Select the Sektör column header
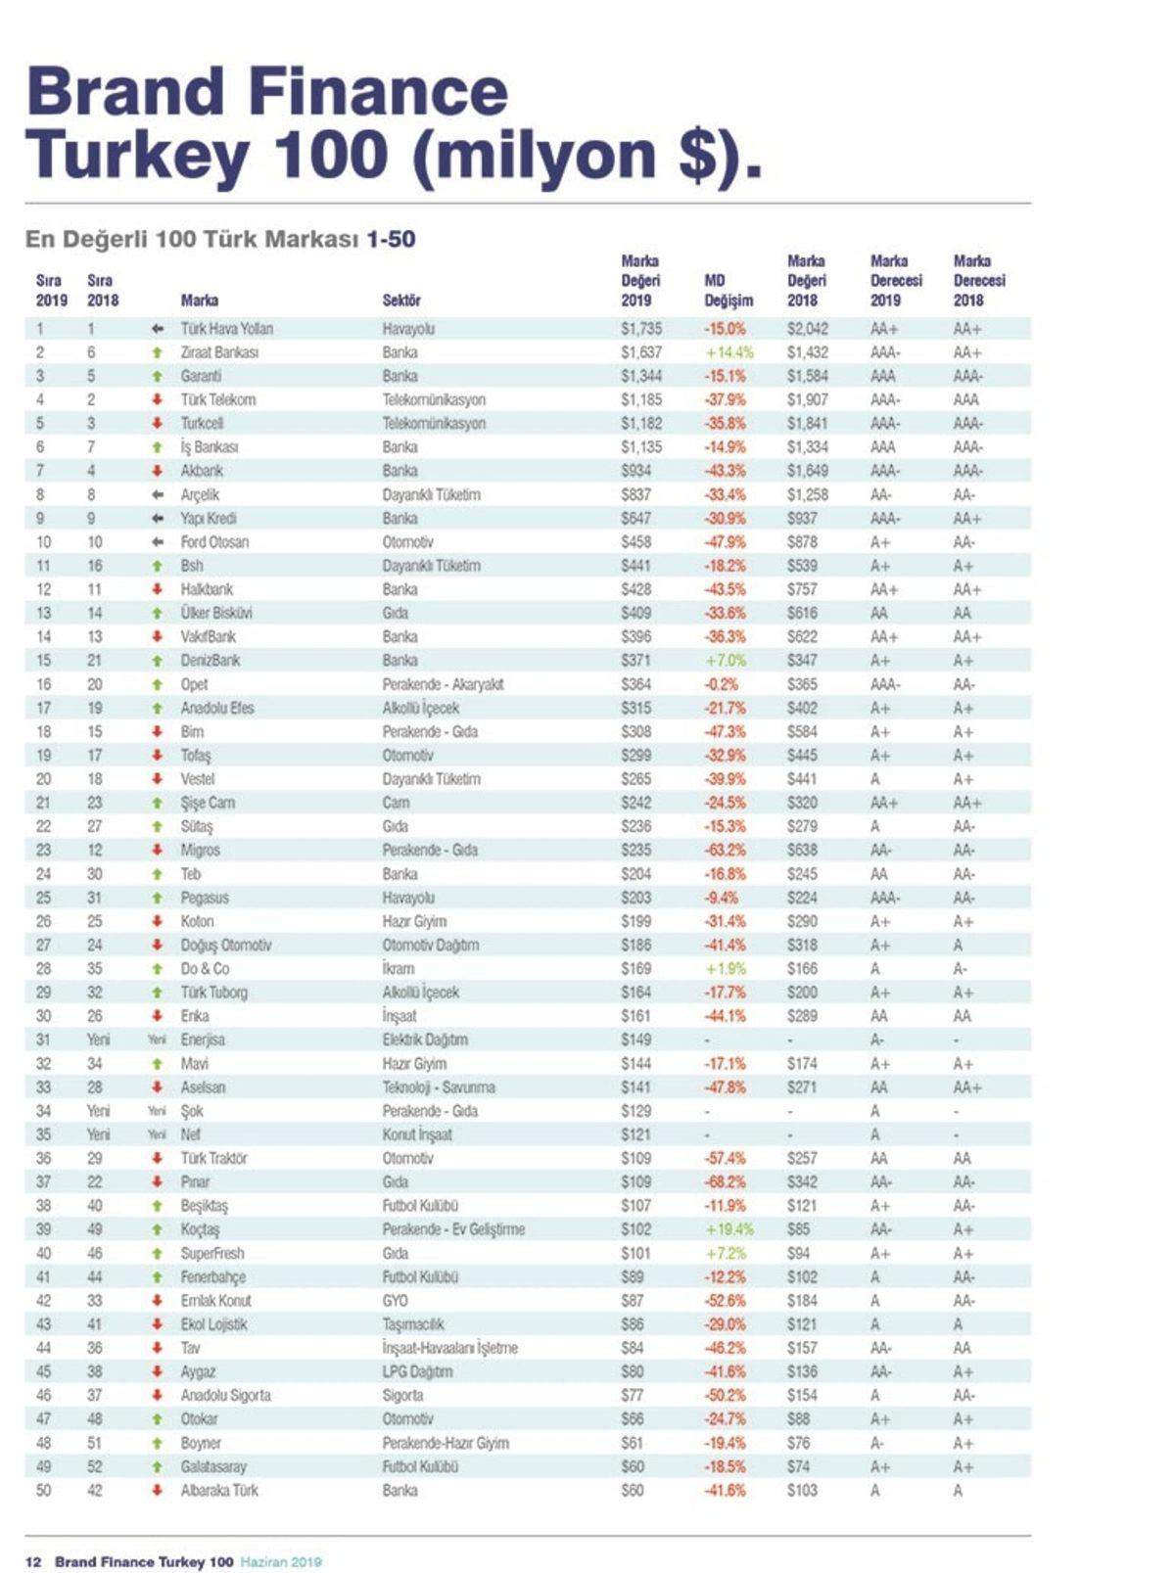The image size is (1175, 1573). [x=401, y=301]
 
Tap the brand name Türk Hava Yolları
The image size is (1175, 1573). [x=226, y=329]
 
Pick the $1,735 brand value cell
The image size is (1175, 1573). [x=641, y=329]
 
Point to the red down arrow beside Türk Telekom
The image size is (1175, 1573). [x=157, y=399]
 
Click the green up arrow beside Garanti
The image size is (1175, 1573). [x=157, y=376]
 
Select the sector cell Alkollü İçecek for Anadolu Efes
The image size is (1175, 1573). [x=420, y=708]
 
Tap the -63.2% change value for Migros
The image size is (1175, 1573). [x=726, y=850]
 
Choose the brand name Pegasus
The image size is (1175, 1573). [x=205, y=898]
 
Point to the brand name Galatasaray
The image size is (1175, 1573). [x=213, y=1466]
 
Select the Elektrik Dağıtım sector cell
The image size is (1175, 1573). [x=425, y=1040]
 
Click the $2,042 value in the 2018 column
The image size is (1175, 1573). [x=808, y=329]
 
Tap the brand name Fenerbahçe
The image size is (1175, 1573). [x=212, y=1277]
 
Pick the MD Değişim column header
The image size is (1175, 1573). [x=728, y=291]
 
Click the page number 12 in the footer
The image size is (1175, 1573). [x=33, y=1561]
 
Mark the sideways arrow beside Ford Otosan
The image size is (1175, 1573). [x=157, y=542]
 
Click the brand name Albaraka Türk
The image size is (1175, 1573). [x=219, y=1490]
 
